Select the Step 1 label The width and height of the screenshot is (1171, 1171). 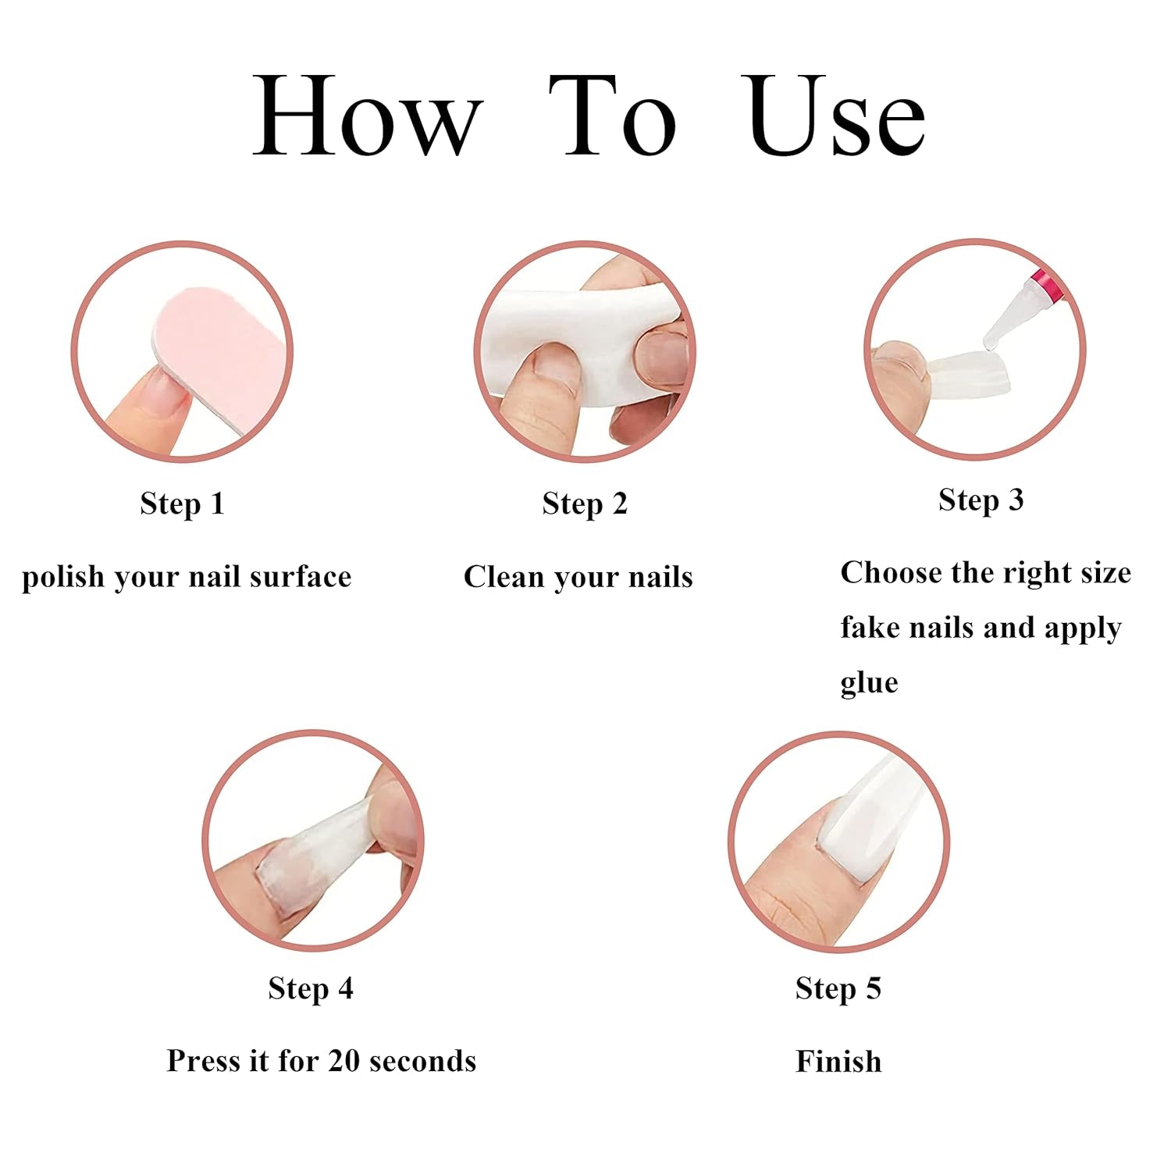pyautogui.click(x=183, y=504)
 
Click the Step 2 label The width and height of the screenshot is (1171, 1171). pyautogui.click(x=585, y=504)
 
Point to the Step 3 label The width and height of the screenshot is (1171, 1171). pyautogui.click(x=981, y=500)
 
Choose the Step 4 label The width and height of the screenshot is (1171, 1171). pyautogui.click(x=311, y=989)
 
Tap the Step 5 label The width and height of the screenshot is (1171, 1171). pyautogui.click(x=838, y=989)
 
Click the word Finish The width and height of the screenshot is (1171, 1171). pyautogui.click(x=838, y=1062)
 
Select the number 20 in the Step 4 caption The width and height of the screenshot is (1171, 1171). pyautogui.click(x=343, y=1062)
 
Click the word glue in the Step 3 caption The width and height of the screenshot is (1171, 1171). pyautogui.click(x=869, y=683)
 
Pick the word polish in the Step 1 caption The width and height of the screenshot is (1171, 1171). pyautogui.click(x=63, y=578)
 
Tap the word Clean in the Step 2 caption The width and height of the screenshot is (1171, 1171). pyautogui.click(x=501, y=578)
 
